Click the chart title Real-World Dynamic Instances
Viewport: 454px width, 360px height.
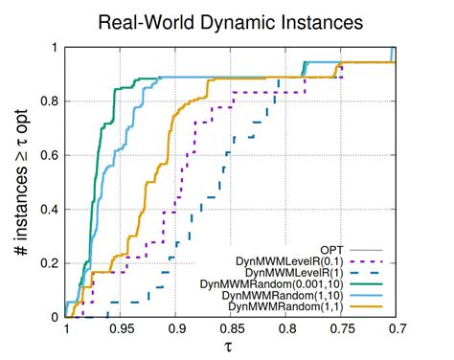click(x=227, y=20)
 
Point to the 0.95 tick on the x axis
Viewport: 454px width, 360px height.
click(x=121, y=327)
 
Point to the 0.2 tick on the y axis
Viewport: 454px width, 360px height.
click(x=52, y=263)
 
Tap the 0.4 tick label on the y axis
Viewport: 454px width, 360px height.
click(x=52, y=210)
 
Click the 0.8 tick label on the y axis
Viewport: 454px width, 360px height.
click(x=52, y=101)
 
